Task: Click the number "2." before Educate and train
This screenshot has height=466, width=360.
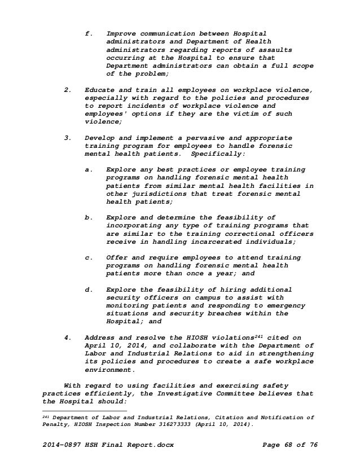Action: (x=68, y=90)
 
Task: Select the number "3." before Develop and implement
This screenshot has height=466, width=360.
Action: (x=68, y=137)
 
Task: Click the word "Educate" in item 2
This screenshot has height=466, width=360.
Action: (x=100, y=90)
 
